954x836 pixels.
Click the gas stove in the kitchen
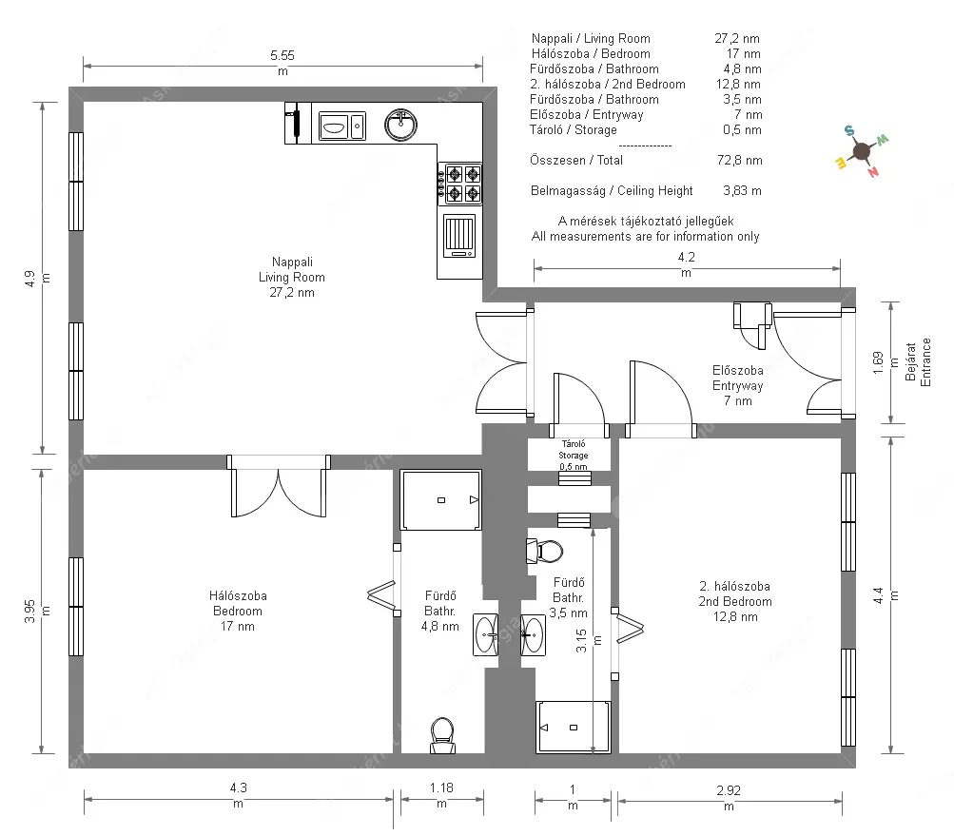[x=459, y=184]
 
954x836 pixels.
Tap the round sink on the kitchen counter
[x=401, y=125]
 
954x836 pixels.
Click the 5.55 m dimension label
[x=282, y=63]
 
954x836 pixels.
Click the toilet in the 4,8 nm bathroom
[x=442, y=735]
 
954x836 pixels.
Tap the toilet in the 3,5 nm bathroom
[x=545, y=552]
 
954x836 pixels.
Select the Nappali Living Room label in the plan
[x=292, y=277]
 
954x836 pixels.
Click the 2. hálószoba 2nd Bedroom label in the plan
[x=735, y=601]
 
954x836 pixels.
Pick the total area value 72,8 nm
[x=739, y=160]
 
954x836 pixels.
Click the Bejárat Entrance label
[x=918, y=362]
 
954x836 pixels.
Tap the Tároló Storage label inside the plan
[x=574, y=456]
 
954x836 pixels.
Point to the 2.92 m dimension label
[x=729, y=798]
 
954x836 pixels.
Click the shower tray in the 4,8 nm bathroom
[x=441, y=499]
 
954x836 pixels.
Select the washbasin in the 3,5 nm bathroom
[x=533, y=635]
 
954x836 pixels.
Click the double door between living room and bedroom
[x=279, y=486]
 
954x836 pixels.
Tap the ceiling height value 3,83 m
[x=742, y=190]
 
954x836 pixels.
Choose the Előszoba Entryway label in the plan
[x=738, y=385]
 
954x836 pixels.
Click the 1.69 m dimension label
[x=886, y=362]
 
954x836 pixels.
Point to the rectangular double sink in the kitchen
[x=341, y=126]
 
